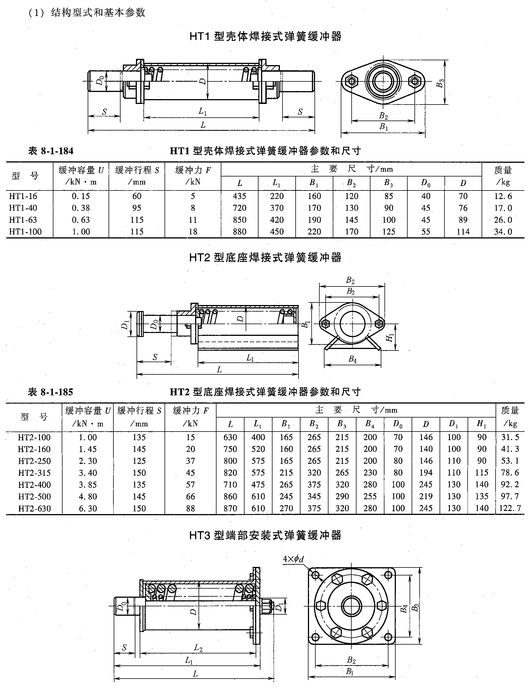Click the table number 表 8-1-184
point(51,151)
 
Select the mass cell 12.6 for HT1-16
point(503,196)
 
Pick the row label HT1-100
point(25,232)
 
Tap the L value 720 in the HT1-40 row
point(239,208)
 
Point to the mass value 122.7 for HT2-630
point(510,508)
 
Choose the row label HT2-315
point(34,473)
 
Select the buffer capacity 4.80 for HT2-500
point(88,497)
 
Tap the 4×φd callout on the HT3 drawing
point(293,559)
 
